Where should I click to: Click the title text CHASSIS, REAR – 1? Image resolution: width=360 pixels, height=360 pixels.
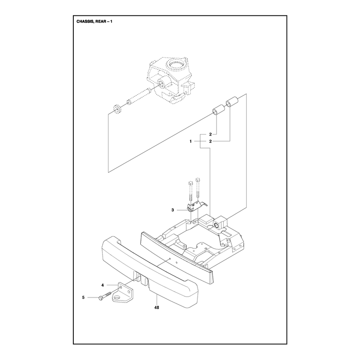coord(94,22)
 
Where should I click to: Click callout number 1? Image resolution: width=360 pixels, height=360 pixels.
coord(190,141)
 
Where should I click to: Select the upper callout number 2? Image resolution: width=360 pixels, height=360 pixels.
coord(210,134)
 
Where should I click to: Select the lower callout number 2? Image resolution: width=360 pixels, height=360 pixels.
coord(210,141)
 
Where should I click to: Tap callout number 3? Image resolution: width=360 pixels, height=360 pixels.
coord(173,210)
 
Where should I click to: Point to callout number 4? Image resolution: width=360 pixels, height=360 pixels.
coord(103,285)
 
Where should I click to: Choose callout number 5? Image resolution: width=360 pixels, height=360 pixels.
coord(83,297)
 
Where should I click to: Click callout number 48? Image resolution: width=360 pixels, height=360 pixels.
coord(157,307)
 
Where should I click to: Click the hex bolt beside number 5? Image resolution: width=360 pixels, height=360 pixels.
coord(105,296)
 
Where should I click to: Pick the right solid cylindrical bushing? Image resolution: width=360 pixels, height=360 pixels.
coord(232,102)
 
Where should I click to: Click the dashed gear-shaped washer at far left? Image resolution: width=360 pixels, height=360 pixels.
coord(117,108)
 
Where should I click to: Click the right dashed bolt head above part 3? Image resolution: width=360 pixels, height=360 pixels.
coord(198,179)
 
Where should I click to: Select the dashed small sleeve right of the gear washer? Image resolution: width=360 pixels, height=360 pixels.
coord(130,101)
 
